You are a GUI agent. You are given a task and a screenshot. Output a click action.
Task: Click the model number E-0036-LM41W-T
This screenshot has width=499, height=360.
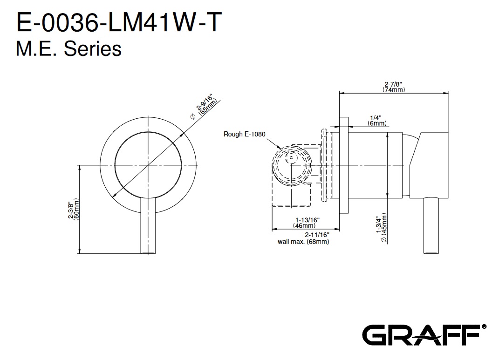pyautogui.click(x=117, y=23)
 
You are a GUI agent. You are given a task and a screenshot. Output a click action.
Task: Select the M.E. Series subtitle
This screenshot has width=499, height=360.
pyautogui.click(x=68, y=49)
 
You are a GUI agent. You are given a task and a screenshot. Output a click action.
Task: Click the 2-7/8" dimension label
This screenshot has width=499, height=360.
pyautogui.click(x=393, y=84)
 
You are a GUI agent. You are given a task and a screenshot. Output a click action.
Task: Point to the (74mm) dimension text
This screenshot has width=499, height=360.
pyautogui.click(x=393, y=90)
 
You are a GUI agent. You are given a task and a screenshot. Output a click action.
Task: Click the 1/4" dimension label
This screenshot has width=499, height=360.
pyautogui.click(x=376, y=117)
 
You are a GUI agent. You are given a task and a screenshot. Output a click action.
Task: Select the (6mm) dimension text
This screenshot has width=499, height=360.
pyautogui.click(x=376, y=123)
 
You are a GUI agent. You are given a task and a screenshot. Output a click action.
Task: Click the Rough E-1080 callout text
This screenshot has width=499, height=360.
pyautogui.click(x=244, y=134)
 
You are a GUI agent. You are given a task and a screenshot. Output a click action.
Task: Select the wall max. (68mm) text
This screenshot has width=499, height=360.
pyautogui.click(x=303, y=242)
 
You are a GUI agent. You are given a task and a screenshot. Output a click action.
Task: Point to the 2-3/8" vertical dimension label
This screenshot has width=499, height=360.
pyautogui.click(x=71, y=211)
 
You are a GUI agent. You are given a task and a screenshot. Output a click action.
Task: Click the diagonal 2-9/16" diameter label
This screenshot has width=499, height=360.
pyautogui.click(x=205, y=103)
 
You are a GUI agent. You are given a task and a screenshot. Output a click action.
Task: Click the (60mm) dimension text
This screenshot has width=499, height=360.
pyautogui.click(x=77, y=211)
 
